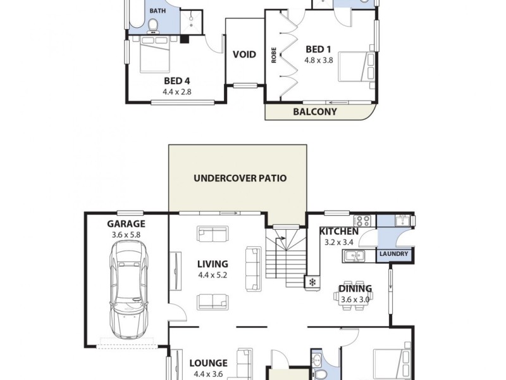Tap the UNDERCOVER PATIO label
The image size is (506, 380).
[x=240, y=178]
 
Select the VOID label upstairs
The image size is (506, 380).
[x=244, y=54]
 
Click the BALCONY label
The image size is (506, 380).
[x=315, y=111]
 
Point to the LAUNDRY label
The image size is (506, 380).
[x=393, y=255]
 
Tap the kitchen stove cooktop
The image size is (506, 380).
[x=364, y=221]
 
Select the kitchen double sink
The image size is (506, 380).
[x=354, y=255]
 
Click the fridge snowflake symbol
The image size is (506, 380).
[x=313, y=282]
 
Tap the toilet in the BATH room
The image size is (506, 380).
[x=153, y=25]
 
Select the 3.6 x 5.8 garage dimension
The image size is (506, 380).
[x=126, y=235]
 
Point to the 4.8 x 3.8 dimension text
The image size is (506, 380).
[x=318, y=61]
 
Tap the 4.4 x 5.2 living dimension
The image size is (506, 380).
[x=213, y=275]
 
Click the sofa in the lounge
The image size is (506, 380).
[x=244, y=364]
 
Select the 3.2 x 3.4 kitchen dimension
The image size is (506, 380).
[x=340, y=242]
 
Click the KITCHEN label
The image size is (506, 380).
[x=339, y=231]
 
